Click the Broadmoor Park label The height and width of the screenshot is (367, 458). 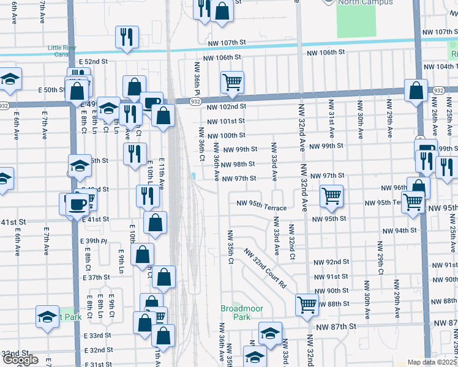click(242, 313)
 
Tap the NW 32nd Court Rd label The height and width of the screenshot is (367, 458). click(265, 268)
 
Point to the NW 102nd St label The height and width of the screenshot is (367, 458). click(226, 106)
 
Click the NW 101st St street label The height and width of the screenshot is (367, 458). click(226, 121)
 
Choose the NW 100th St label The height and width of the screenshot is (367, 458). click(226, 135)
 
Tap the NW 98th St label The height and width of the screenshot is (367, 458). click(238, 165)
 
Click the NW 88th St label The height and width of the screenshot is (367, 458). click(333, 304)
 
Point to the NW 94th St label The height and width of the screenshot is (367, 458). click(399, 231)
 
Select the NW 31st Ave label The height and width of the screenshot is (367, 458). click(331, 116)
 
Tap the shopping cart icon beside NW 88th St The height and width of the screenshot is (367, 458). click(306, 303)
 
